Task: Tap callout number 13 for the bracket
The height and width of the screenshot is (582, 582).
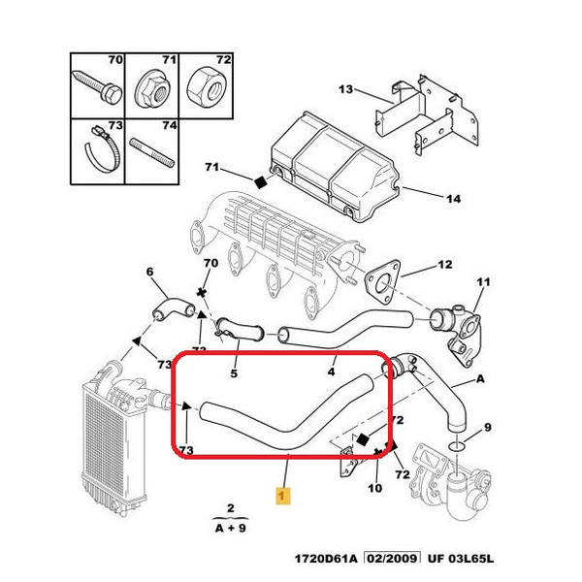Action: [346, 90]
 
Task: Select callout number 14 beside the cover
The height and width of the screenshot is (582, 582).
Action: [452, 200]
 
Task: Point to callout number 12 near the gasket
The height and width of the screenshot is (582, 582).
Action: [444, 264]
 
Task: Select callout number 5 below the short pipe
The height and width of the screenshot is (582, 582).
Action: [233, 372]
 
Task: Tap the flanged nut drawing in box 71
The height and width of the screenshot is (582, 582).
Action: [151, 91]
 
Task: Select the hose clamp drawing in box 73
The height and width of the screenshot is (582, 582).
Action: [98, 151]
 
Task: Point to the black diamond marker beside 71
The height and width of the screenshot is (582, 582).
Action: [259, 180]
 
